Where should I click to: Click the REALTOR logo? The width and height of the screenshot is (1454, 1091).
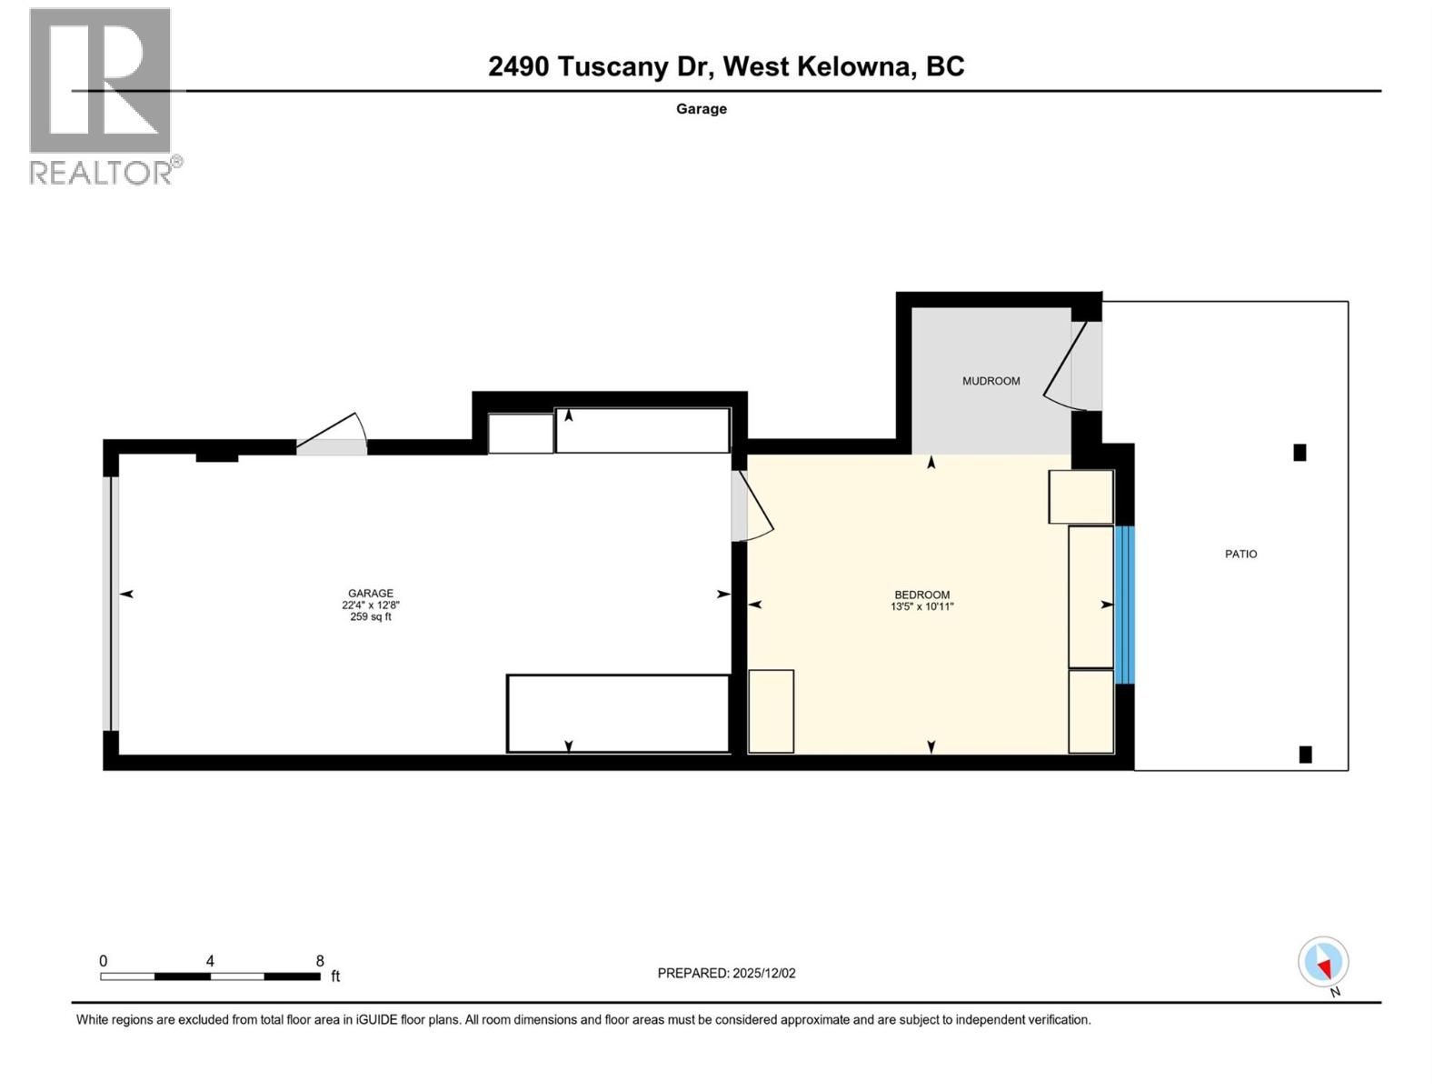pos(101,95)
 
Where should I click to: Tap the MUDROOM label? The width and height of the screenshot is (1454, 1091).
pos(991,381)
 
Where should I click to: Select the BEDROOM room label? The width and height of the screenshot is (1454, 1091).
pos(921,595)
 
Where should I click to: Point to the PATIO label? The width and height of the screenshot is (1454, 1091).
pos(1240,554)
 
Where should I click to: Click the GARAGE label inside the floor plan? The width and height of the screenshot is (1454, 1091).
pos(371,593)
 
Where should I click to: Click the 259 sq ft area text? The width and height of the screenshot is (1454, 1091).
pos(371,616)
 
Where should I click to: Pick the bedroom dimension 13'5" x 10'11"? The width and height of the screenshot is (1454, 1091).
pos(921,606)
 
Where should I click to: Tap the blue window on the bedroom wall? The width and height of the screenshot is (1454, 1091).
pos(1124,605)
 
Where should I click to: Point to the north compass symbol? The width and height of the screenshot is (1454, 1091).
pos(1323,963)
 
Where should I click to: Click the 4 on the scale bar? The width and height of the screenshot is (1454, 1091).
pos(210,961)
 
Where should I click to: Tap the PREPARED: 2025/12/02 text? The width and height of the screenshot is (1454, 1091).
pos(726,973)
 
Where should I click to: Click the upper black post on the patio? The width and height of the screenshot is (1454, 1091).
pos(1300,452)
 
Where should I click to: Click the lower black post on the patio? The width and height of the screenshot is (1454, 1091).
pos(1305,754)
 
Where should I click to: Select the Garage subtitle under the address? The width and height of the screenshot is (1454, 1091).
pos(701,109)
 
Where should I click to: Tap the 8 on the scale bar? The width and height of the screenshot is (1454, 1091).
pos(320,961)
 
